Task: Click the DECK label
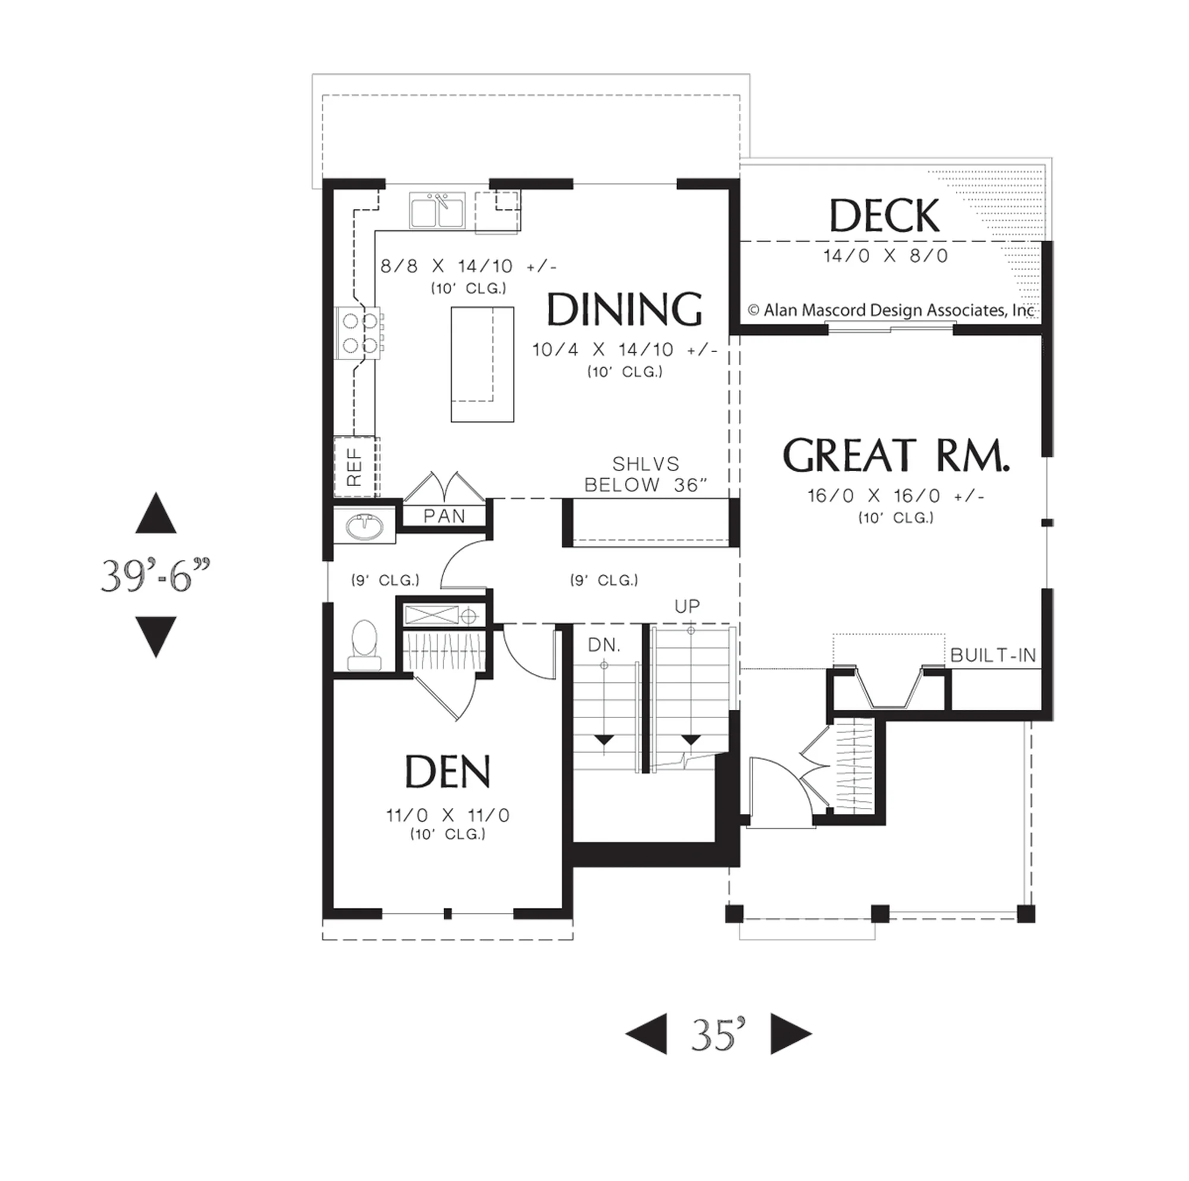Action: point(885,215)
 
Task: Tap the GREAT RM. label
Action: point(896,455)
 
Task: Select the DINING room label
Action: point(625,309)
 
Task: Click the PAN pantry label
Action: point(444,516)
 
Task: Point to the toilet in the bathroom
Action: point(364,645)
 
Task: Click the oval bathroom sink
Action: point(364,527)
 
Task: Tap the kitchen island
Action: point(483,365)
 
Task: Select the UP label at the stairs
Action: point(687,606)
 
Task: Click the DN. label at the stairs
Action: point(605,645)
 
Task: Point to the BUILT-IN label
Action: point(993,655)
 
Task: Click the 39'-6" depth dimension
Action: point(156,575)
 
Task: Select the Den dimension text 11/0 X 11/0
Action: point(448,815)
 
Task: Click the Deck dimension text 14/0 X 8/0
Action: point(886,255)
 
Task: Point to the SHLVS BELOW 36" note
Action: point(646,474)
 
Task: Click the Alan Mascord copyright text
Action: point(891,311)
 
